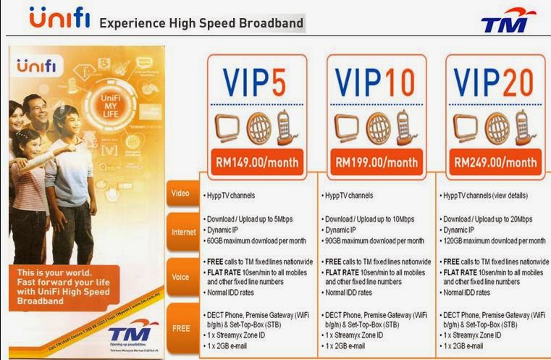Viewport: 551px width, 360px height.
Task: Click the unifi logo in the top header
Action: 59,19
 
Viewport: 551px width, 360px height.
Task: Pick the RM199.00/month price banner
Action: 375,162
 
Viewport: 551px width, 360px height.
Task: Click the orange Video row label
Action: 181,194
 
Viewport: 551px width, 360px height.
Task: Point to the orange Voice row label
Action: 181,277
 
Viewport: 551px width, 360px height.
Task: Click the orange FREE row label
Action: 181,327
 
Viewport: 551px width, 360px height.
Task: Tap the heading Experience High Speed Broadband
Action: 201,23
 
